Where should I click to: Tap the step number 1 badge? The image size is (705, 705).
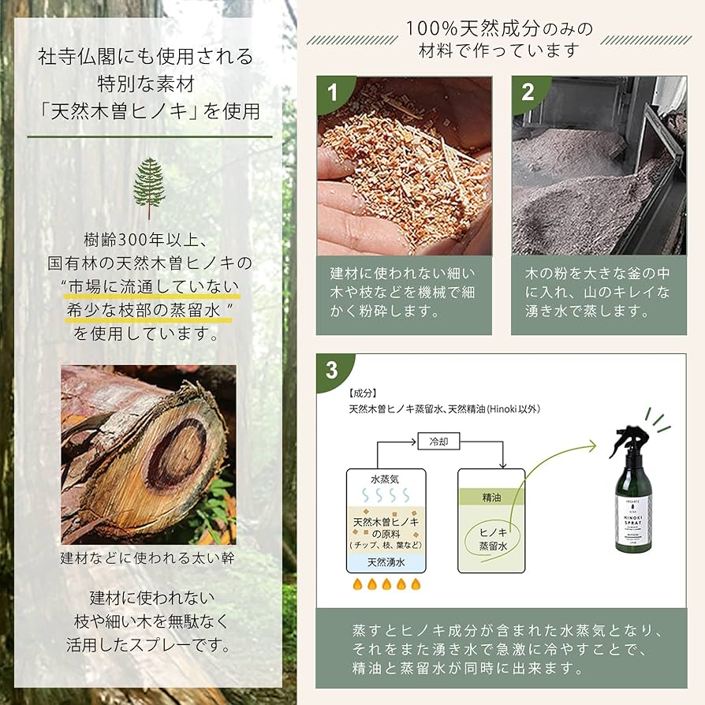click(x=332, y=92)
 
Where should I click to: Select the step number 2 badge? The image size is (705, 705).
click(x=527, y=92)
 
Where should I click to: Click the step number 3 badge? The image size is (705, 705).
click(x=332, y=369)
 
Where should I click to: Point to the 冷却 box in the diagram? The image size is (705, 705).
click(x=438, y=442)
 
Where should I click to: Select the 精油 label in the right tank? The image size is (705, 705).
click(x=491, y=498)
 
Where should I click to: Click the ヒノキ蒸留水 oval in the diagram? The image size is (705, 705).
click(x=491, y=539)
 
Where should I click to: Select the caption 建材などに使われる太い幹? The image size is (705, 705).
click(x=149, y=558)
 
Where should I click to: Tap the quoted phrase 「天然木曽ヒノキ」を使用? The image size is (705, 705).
click(x=149, y=111)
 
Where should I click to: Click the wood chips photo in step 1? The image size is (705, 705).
click(x=404, y=166)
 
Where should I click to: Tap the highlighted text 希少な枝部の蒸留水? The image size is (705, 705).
click(x=149, y=310)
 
